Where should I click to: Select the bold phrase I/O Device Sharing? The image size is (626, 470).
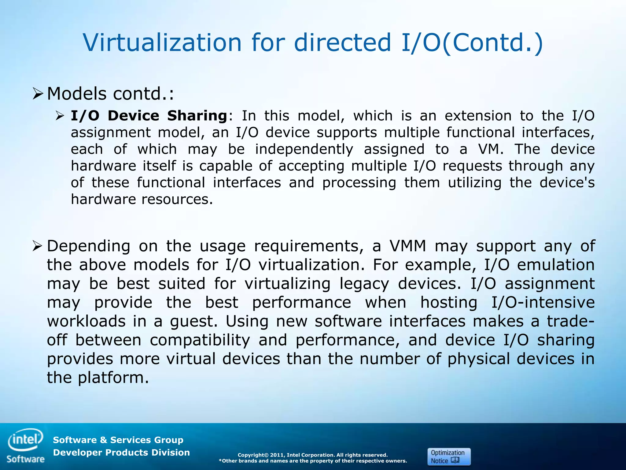click(x=149, y=116)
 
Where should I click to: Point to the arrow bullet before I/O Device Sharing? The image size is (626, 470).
click(x=60, y=116)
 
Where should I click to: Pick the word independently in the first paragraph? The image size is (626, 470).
click(x=304, y=149)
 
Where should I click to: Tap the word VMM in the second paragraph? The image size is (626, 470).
click(x=408, y=246)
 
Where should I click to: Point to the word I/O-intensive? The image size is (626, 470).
click(x=543, y=303)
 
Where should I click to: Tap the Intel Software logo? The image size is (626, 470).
click(x=26, y=446)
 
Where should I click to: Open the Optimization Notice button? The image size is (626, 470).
click(x=449, y=457)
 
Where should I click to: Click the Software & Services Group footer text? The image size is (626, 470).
click(x=118, y=440)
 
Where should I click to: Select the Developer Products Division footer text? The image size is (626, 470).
click(x=121, y=453)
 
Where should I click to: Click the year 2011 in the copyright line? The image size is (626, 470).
click(x=277, y=455)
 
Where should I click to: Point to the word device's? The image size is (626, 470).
click(x=567, y=183)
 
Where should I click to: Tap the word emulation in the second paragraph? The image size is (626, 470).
click(x=556, y=265)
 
